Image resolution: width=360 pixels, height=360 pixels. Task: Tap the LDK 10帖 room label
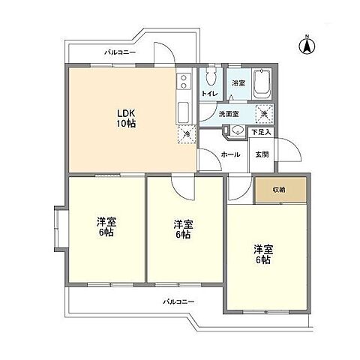[124, 118]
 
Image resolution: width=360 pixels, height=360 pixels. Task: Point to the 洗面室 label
[229, 114]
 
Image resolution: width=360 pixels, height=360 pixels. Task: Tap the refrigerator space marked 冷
[187, 134]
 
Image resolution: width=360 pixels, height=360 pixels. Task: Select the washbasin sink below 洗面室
[235, 130]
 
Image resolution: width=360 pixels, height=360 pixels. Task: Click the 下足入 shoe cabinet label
[261, 133]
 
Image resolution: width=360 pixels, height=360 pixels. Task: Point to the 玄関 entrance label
[262, 154]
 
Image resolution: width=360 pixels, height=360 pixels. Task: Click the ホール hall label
[230, 154]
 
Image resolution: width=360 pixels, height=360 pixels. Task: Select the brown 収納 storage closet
[279, 190]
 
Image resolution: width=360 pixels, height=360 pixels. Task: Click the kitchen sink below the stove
[184, 112]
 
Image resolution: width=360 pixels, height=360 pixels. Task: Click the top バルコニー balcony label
[119, 53]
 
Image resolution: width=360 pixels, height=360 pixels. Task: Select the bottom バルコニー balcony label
[180, 301]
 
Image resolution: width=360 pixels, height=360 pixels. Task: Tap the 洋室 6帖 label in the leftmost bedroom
[105, 227]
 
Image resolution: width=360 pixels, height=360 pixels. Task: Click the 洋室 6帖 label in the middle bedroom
[183, 229]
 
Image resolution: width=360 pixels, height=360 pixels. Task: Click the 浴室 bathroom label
[238, 82]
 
